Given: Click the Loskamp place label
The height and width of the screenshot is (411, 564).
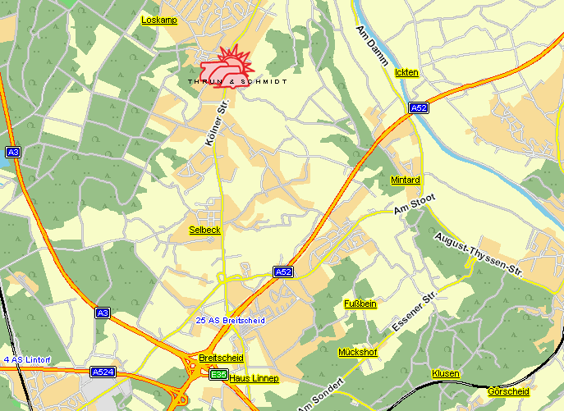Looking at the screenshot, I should (159, 19).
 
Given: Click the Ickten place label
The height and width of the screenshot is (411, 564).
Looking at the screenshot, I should (406, 73).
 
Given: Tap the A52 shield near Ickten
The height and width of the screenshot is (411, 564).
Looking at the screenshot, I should (419, 107).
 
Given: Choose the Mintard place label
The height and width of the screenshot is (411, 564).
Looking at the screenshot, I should (406, 180).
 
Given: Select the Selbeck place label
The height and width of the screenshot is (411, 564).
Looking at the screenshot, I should (204, 230).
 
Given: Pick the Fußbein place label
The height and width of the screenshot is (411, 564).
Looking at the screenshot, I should (360, 304).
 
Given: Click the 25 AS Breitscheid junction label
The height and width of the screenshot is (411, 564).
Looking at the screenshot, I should (231, 320).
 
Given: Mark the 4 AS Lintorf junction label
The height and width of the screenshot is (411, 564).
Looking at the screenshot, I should (27, 360).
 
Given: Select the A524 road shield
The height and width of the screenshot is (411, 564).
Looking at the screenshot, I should (103, 372).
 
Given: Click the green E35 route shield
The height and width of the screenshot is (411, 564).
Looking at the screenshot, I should (218, 375).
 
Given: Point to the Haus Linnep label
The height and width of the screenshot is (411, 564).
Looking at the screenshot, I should (254, 378).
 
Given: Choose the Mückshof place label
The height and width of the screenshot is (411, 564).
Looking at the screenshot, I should (358, 352).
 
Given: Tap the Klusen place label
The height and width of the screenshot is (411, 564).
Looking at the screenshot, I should (446, 373).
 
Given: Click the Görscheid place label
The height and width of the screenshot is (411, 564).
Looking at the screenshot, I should (509, 391).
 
